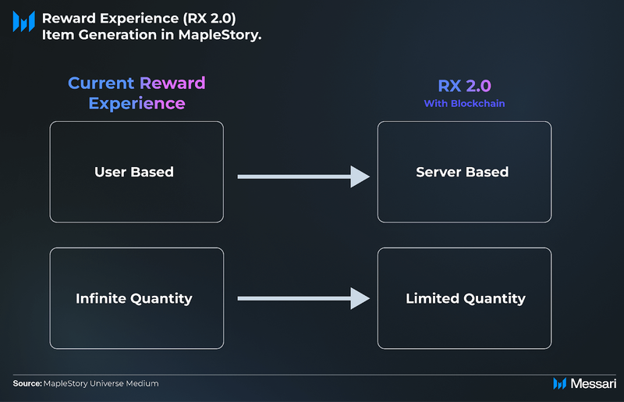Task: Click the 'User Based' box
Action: tap(136, 172)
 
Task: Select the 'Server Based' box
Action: tap(464, 172)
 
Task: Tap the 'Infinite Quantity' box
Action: tap(136, 298)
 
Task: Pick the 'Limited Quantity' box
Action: tap(464, 298)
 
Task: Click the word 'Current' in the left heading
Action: tap(101, 84)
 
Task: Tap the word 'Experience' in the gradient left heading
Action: tap(136, 103)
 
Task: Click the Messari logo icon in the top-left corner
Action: tap(23, 22)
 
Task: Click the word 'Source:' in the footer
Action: tap(27, 383)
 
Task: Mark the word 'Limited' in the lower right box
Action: tap(432, 298)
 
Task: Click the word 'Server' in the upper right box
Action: tap(438, 172)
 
